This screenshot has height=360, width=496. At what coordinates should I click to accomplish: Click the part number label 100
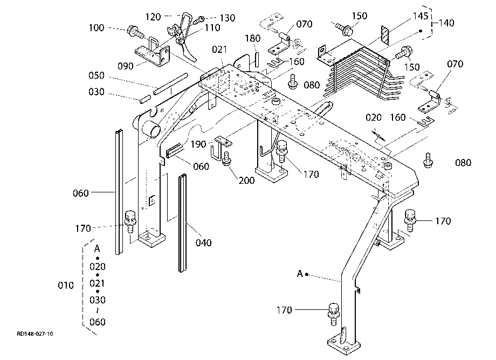point(97,28)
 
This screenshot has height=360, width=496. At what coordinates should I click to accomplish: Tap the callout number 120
point(153,17)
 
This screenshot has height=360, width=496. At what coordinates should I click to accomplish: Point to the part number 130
point(228,18)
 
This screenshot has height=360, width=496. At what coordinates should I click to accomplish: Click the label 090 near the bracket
point(126,66)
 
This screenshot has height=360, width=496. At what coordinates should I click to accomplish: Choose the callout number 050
point(97,75)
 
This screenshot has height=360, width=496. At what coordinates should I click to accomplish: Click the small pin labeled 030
point(144,100)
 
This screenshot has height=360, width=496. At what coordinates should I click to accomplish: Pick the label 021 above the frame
point(219,50)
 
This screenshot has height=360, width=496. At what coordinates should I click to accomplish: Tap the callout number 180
point(253,39)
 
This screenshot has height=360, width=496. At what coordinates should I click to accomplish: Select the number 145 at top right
point(421,16)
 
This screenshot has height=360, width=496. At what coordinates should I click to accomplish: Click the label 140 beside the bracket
point(446,23)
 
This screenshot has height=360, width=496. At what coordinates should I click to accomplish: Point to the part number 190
point(198,144)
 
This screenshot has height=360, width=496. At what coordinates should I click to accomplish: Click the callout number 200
point(247,181)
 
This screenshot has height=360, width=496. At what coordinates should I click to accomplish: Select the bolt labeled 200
point(226,158)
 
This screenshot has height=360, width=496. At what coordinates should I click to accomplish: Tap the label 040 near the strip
point(203,243)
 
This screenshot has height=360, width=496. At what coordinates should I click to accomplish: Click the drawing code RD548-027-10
point(35,334)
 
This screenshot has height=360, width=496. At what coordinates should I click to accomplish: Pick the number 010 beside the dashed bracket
point(66,286)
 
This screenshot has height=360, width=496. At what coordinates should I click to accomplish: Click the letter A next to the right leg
point(300,274)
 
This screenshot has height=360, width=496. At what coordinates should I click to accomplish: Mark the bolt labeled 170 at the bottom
point(334,314)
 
